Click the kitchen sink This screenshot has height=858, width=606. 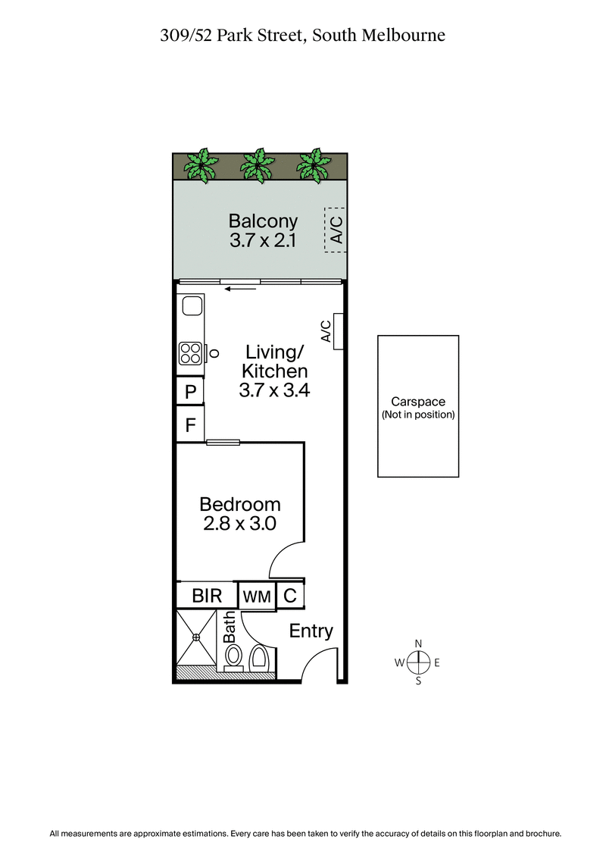(x=191, y=305)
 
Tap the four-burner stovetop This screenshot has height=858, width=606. (x=189, y=352)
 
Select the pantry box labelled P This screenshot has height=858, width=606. (x=190, y=392)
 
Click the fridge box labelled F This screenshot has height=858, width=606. (x=190, y=424)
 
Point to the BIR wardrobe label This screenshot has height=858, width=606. (x=207, y=596)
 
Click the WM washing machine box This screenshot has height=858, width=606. (x=257, y=597)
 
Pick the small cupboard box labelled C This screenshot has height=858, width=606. (x=289, y=596)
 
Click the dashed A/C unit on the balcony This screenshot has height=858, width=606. (x=335, y=228)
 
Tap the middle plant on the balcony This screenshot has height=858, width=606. (x=258, y=164)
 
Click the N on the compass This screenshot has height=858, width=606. (x=418, y=643)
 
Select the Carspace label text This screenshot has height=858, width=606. (x=417, y=402)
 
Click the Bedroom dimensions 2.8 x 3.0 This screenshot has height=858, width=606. (x=239, y=524)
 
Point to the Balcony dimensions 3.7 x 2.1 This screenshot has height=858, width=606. (x=263, y=242)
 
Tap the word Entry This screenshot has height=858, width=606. (x=311, y=631)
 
